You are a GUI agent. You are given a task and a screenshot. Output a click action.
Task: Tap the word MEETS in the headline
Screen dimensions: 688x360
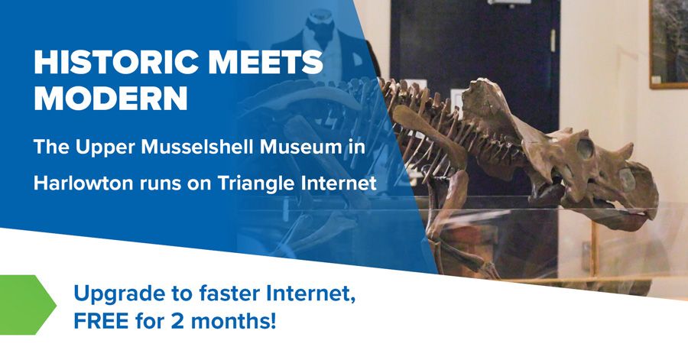(x=266, y=63)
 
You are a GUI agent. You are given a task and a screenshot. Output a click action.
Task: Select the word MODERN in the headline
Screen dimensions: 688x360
(x=111, y=99)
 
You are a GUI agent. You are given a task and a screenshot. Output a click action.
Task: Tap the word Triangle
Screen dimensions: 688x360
(x=257, y=183)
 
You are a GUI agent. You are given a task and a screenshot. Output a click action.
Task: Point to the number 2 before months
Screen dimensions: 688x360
(x=177, y=321)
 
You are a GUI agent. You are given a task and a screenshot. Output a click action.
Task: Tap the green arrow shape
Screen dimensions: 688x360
(x=28, y=305)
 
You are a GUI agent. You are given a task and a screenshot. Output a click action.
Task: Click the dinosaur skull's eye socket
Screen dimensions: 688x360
(x=585, y=148)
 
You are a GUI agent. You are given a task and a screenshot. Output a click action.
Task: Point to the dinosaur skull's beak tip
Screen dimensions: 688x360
(x=649, y=215)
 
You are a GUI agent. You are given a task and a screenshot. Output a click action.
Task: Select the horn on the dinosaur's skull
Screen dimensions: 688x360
(x=624, y=151)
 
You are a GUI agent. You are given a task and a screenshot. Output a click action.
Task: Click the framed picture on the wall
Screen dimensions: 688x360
(x=669, y=44)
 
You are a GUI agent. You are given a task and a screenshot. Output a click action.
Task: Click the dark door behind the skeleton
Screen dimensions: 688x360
(x=475, y=88)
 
